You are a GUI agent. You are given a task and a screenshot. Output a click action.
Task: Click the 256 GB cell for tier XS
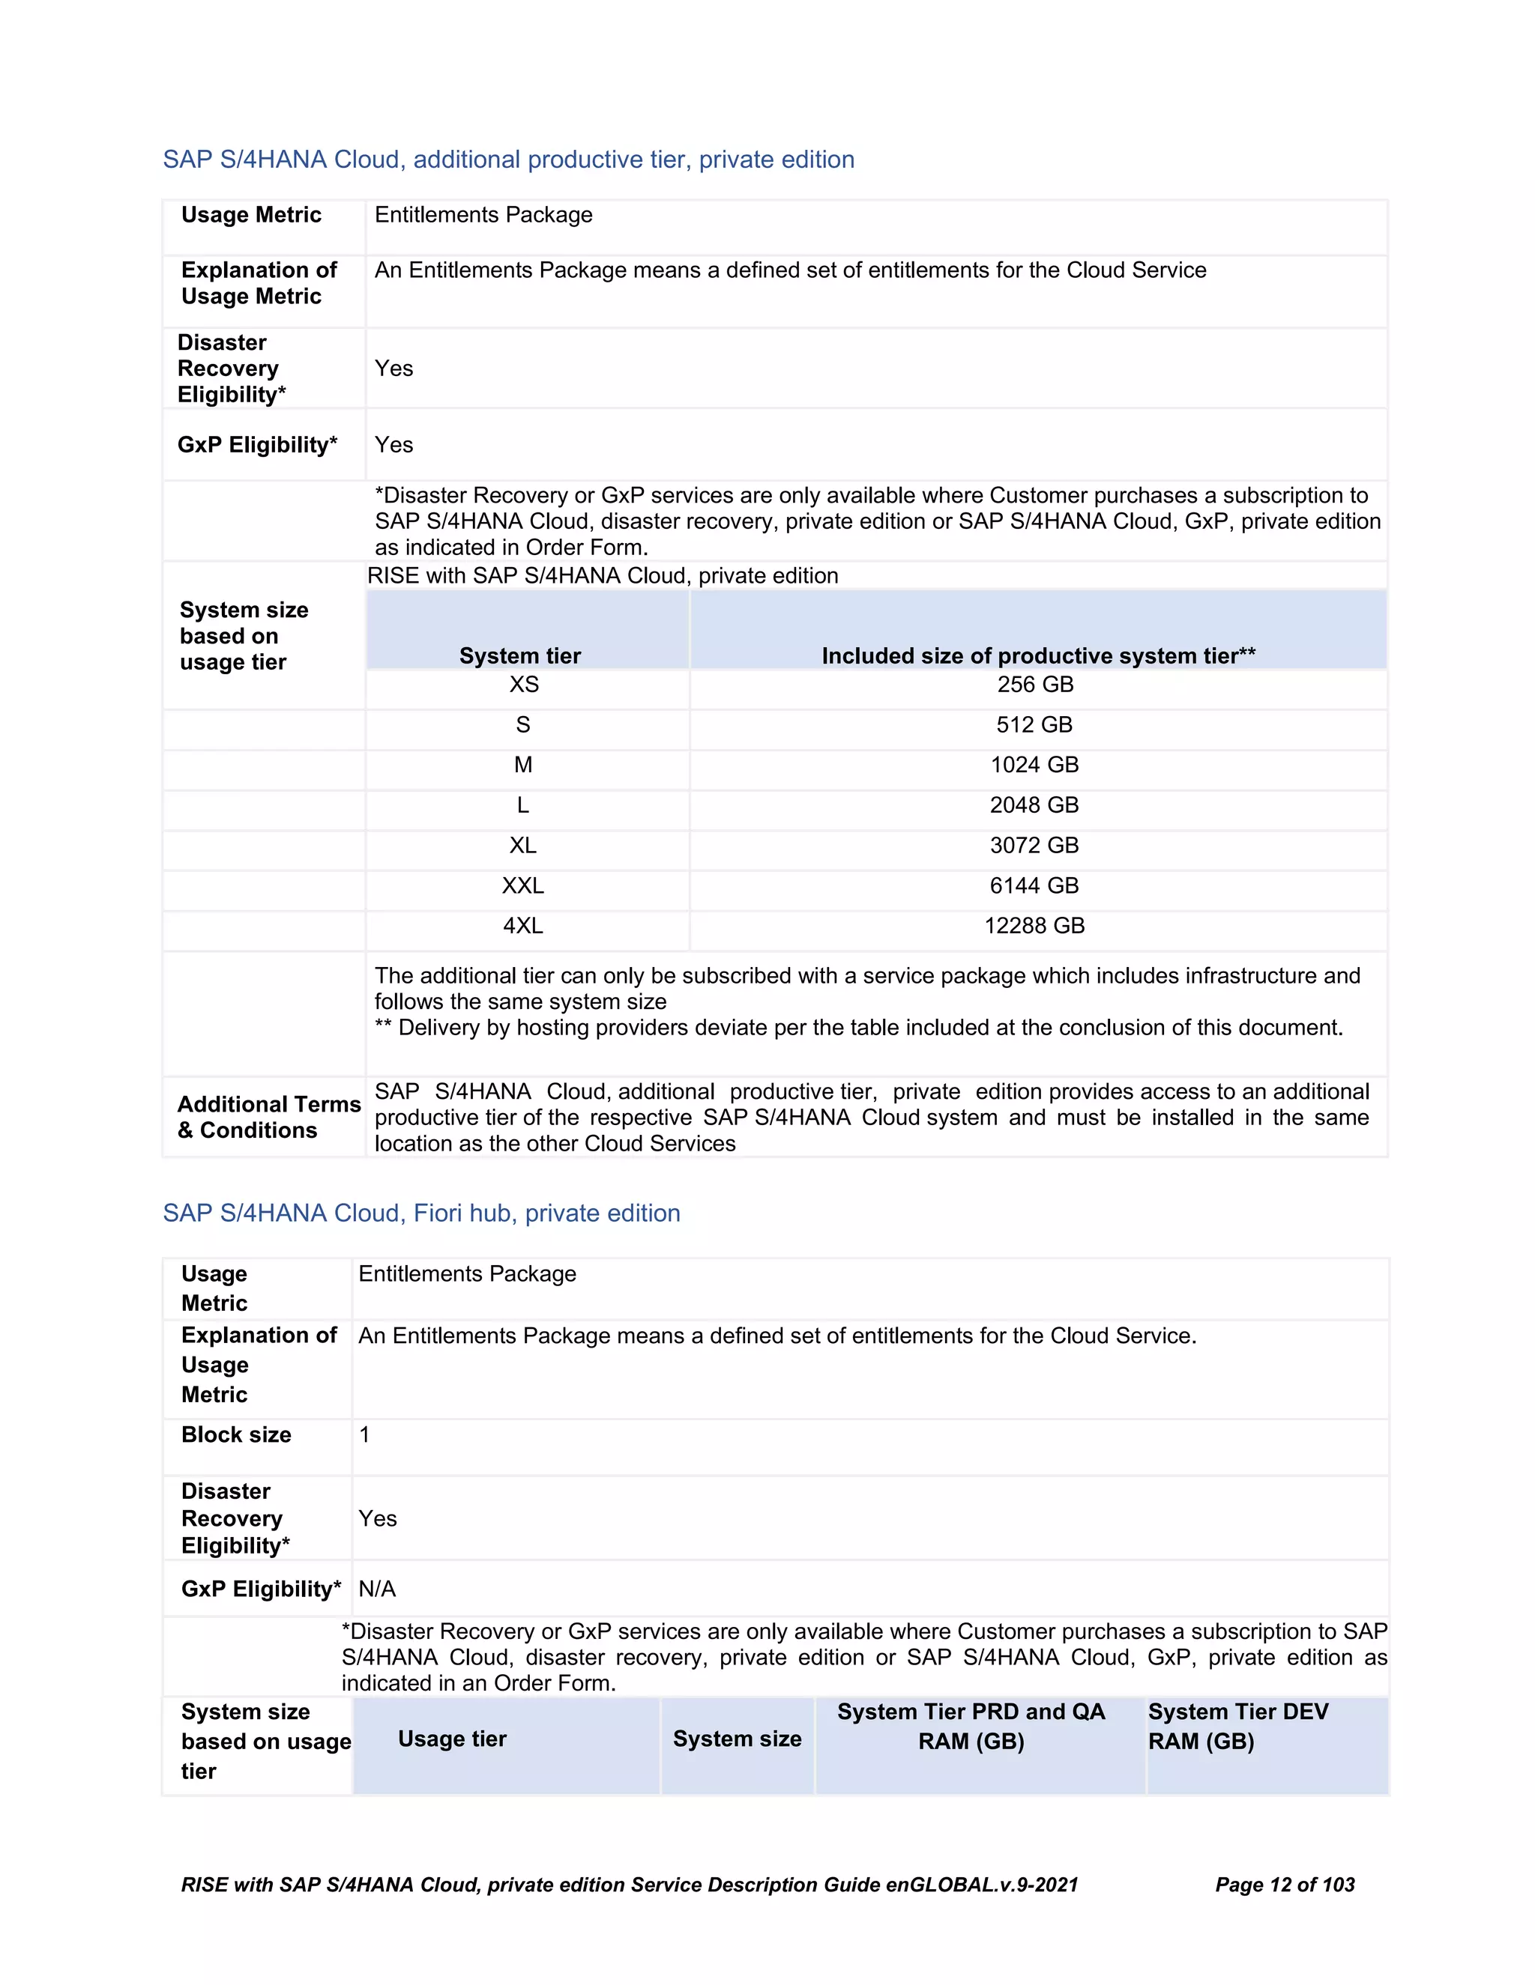pyautogui.click(x=1035, y=685)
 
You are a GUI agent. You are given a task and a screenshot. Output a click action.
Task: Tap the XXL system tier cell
pyautogui.click(x=523, y=885)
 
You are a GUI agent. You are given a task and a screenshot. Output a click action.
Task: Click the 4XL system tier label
pyautogui.click(x=523, y=925)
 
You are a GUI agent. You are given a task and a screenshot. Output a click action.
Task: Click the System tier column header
pyautogui.click(x=519, y=655)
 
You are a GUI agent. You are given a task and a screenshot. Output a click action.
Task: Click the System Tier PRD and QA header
pyautogui.click(x=971, y=1726)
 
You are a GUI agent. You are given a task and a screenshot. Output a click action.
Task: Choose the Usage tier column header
pyautogui.click(x=452, y=1739)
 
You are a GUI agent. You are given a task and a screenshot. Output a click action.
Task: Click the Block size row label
pyautogui.click(x=235, y=1434)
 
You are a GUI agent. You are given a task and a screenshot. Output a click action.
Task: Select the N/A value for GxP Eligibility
pyautogui.click(x=376, y=1589)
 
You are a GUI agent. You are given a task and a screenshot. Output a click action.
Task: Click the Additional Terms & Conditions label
pyautogui.click(x=268, y=1117)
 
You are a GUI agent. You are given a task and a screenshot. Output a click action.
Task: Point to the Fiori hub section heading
pyautogui.click(x=421, y=1213)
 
